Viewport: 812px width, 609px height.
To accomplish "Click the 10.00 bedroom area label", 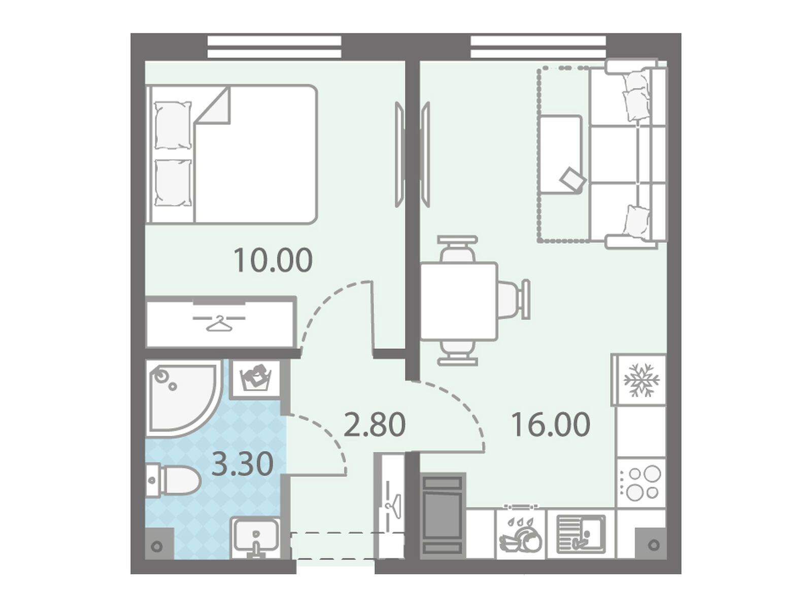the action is click(273, 261).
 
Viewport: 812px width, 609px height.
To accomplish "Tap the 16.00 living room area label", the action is click(550, 425).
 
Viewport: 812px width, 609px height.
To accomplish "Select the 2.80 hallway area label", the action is click(375, 425).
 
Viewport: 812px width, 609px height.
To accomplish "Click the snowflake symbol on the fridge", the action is click(641, 381).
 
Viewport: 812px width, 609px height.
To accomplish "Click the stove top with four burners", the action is click(640, 483).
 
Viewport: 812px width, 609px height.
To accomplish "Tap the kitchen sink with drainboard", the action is click(581, 534).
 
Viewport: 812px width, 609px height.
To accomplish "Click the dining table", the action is click(459, 301).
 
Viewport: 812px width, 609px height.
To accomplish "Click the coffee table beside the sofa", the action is click(561, 154).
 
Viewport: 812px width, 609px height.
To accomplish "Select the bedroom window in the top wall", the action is click(274, 47).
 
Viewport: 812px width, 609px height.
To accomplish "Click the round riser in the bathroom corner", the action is click(158, 547).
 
